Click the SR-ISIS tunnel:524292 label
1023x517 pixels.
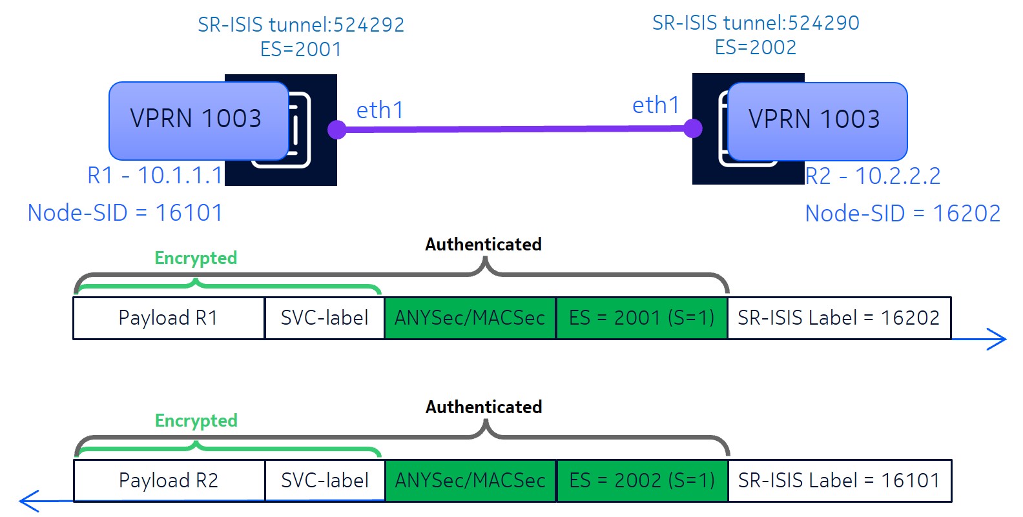point(301,25)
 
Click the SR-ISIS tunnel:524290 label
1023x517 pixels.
point(756,23)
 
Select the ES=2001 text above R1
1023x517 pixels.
point(301,49)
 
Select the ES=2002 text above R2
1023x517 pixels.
point(756,47)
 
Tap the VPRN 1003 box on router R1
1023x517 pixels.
point(196,119)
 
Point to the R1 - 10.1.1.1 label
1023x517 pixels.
point(155,175)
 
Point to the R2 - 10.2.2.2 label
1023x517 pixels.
point(873,176)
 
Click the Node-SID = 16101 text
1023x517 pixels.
point(125,212)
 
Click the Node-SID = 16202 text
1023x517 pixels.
point(903,213)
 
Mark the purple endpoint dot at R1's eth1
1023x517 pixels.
point(336,130)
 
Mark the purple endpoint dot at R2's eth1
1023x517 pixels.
point(693,128)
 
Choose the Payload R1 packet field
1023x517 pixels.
point(169,318)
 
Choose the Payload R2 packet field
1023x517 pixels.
point(169,480)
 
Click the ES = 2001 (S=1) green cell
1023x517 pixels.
point(641,318)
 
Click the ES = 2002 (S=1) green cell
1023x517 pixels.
point(641,480)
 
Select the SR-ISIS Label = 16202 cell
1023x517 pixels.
point(839,318)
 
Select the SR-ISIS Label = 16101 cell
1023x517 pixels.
point(839,480)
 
